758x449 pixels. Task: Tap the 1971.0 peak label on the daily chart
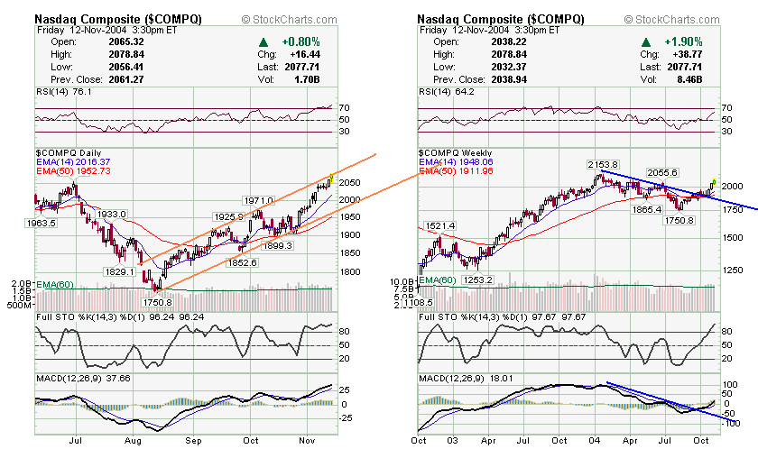click(258, 200)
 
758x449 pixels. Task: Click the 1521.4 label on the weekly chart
click(439, 225)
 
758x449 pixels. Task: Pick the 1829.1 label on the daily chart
click(120, 271)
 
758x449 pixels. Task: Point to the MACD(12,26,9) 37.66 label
click(84, 378)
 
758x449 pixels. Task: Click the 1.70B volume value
click(310, 79)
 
